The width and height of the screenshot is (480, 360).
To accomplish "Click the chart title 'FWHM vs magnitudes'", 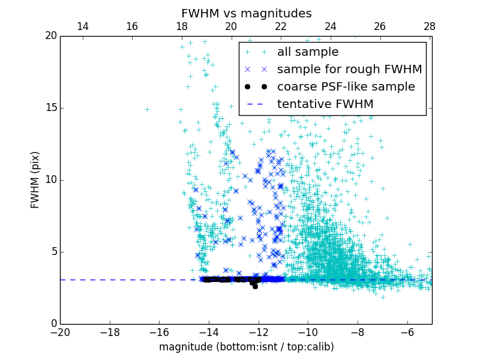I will (x=246, y=13).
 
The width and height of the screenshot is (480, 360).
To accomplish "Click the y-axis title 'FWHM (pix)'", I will (x=35, y=179).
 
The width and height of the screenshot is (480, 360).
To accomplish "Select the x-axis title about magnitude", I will (x=246, y=347).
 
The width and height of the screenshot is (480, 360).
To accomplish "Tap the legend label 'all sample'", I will (x=308, y=52).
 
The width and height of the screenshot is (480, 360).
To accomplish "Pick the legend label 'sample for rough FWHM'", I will (x=349, y=69).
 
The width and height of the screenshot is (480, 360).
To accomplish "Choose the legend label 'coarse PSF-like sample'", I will (x=346, y=86).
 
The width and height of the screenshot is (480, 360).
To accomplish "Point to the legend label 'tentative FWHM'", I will (x=325, y=104).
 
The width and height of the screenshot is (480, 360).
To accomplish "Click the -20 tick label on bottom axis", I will (x=60, y=332).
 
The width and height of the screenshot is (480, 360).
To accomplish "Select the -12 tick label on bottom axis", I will (x=258, y=332).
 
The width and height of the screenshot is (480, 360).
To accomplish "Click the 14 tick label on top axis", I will (x=83, y=26).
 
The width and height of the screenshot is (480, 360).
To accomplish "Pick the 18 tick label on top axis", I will (x=182, y=26).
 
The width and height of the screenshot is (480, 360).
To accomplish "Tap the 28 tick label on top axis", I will (x=430, y=26).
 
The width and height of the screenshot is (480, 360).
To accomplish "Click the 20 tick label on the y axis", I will (x=50, y=36).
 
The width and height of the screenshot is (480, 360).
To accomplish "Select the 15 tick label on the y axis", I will (x=50, y=108).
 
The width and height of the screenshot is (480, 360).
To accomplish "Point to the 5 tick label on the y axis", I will (x=53, y=252).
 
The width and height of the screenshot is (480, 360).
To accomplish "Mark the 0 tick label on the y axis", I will (x=53, y=324).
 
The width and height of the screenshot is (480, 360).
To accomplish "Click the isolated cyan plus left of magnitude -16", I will (x=147, y=109).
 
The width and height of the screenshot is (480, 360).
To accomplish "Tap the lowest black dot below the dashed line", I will (x=255, y=286).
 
